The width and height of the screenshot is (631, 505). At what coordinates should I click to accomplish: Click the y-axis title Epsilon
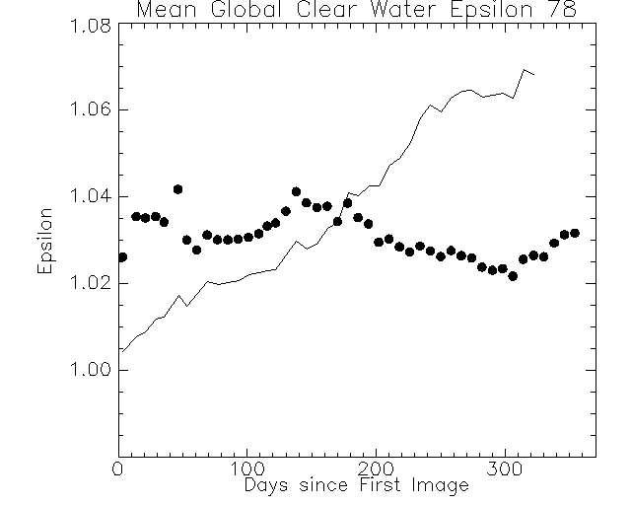(x=45, y=241)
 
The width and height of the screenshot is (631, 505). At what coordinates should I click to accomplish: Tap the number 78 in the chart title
(x=561, y=11)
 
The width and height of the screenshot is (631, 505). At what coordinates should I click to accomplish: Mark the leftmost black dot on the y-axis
(x=121, y=257)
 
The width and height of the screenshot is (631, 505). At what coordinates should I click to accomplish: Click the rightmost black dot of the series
(x=575, y=233)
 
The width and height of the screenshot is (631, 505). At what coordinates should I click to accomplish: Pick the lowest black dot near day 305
(x=513, y=276)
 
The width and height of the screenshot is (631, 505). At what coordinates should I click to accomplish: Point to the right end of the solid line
(x=534, y=74)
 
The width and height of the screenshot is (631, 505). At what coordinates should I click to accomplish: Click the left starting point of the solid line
(x=120, y=350)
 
